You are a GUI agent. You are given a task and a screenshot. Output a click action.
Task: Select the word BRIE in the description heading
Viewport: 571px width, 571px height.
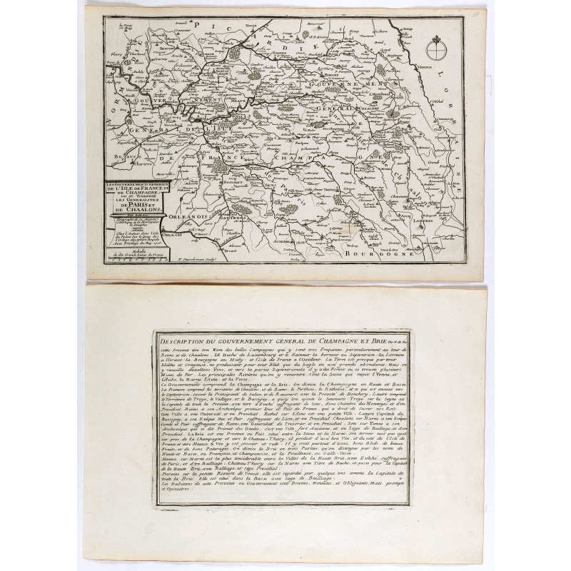(x=369, y=337)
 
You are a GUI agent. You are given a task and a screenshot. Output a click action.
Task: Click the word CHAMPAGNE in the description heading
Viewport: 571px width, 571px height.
(x=326, y=337)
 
